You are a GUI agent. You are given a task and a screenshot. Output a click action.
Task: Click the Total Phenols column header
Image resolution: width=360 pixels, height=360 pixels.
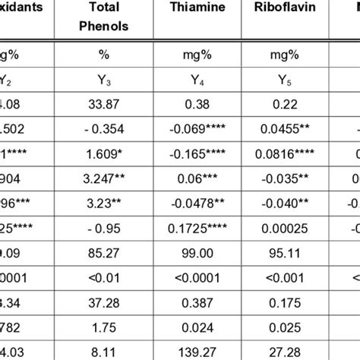pos(105,17)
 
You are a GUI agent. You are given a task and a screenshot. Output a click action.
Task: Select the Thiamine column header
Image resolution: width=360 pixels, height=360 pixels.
pos(192,8)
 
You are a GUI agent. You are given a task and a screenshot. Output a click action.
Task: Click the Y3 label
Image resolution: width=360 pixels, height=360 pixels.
pos(105,76)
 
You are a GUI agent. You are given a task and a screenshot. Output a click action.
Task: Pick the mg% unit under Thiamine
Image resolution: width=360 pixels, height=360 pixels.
pos(192,55)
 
